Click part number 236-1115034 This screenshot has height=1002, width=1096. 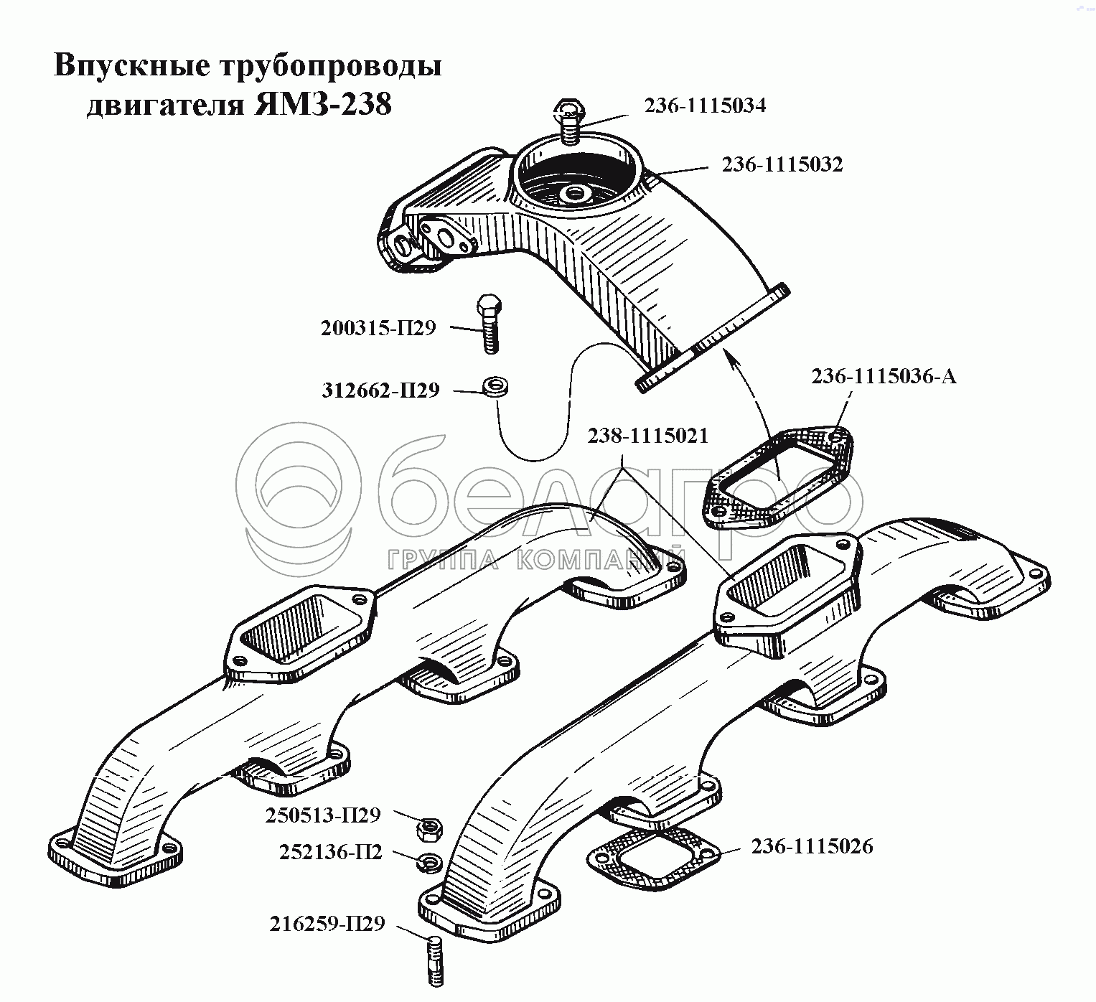point(704,106)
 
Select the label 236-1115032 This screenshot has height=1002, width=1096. point(782,165)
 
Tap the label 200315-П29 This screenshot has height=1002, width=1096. point(378,329)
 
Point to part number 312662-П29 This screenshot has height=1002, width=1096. point(380,390)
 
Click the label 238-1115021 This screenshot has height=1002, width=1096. point(647,436)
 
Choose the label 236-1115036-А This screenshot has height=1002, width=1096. point(884,377)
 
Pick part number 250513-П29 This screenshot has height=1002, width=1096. point(322,816)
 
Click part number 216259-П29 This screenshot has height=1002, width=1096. point(327,924)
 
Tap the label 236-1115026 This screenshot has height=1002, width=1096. point(812,847)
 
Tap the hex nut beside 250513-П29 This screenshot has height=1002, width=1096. point(428,830)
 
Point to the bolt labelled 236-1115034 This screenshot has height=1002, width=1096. point(569,122)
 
